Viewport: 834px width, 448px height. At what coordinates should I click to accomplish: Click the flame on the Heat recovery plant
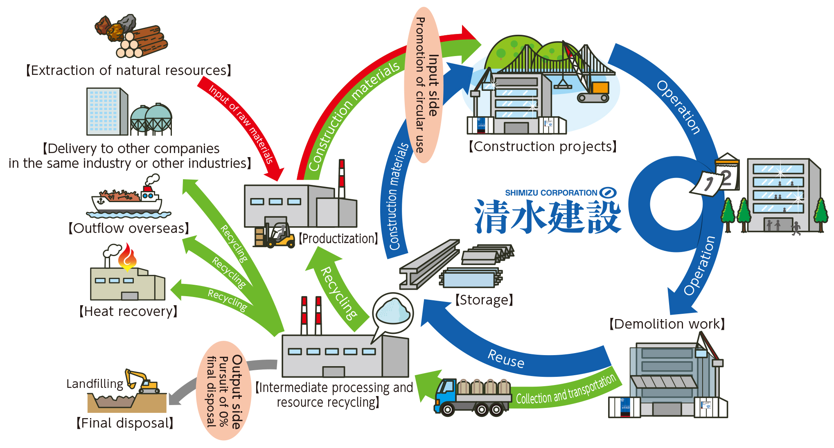pyautogui.click(x=127, y=257)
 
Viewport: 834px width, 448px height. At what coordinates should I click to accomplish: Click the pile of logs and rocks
pyautogui.click(x=131, y=37)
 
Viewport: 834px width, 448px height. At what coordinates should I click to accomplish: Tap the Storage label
pyautogui.click(x=484, y=300)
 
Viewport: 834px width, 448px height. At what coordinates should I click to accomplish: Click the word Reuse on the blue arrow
pyautogui.click(x=506, y=359)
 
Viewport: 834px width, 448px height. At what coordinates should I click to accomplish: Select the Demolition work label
pyautogui.click(x=667, y=324)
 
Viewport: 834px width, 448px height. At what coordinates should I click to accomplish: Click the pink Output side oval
pyautogui.click(x=224, y=391)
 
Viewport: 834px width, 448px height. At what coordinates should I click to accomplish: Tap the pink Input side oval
pyautogui.click(x=424, y=85)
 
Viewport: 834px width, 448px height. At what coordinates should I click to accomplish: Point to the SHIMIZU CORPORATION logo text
pyautogui.click(x=551, y=193)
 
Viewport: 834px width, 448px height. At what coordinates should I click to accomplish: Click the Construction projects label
pyautogui.click(x=542, y=146)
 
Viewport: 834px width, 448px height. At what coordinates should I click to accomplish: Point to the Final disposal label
pyautogui.click(x=125, y=423)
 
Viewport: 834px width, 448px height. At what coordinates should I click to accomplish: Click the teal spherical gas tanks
pyautogui.click(x=151, y=119)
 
